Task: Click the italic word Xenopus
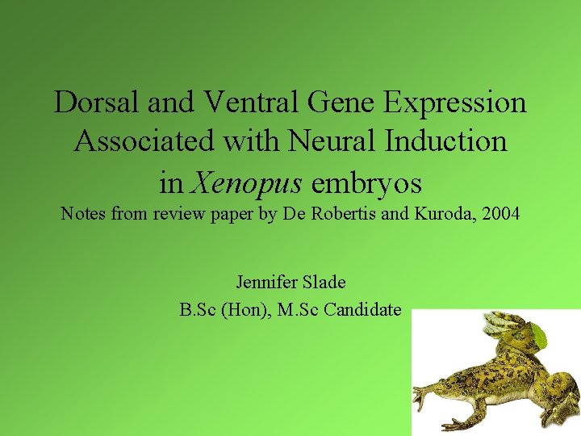245,183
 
